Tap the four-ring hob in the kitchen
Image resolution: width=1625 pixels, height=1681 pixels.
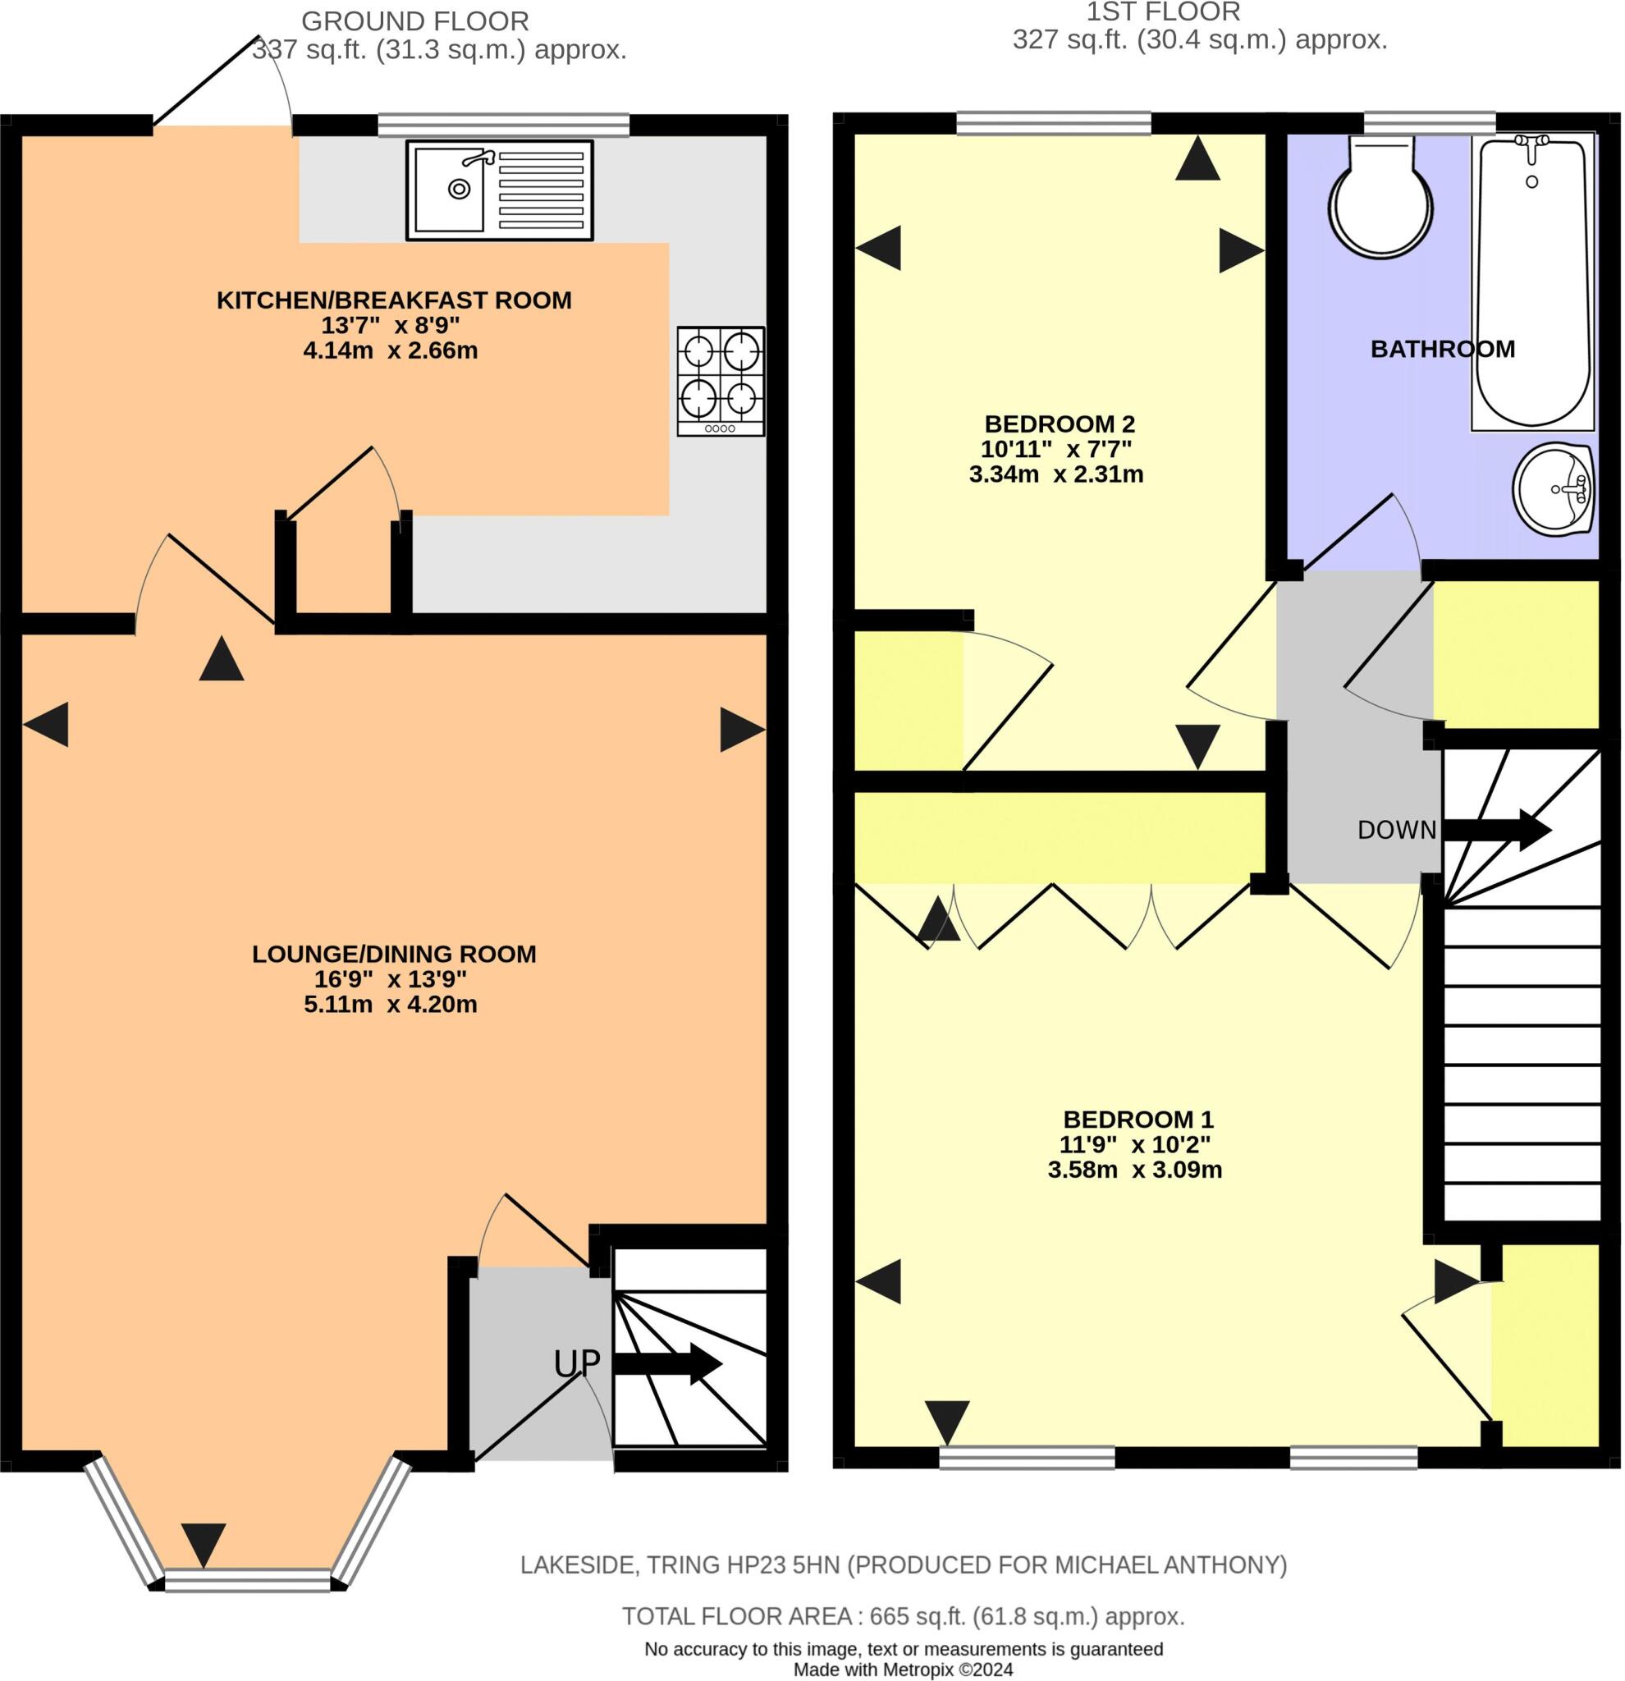[x=721, y=380]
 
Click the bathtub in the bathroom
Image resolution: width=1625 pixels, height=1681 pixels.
[x=1532, y=283]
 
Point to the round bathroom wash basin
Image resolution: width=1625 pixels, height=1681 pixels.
[x=1552, y=490]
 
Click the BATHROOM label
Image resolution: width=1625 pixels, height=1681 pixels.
[x=1442, y=349]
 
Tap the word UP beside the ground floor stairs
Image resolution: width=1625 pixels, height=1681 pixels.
[x=576, y=1363]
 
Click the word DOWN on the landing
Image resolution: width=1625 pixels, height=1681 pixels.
[x=1396, y=830]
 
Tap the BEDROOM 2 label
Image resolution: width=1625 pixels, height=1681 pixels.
[x=1059, y=424]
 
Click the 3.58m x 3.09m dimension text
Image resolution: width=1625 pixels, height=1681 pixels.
[x=1133, y=1170]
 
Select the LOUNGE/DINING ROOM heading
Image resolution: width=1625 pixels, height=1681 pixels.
[x=394, y=954]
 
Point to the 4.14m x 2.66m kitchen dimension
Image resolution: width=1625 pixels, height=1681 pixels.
[x=390, y=350]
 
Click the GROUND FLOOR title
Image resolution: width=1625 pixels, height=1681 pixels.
[x=415, y=21]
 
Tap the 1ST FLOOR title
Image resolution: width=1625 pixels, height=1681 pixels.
[x=1163, y=12]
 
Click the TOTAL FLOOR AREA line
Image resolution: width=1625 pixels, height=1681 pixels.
[x=903, y=1617]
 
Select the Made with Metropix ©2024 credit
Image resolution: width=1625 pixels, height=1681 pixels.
[x=903, y=1670]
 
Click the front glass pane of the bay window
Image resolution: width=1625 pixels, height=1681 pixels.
[x=248, y=1580]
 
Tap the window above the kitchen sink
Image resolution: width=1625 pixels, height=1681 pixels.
[x=503, y=126]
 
